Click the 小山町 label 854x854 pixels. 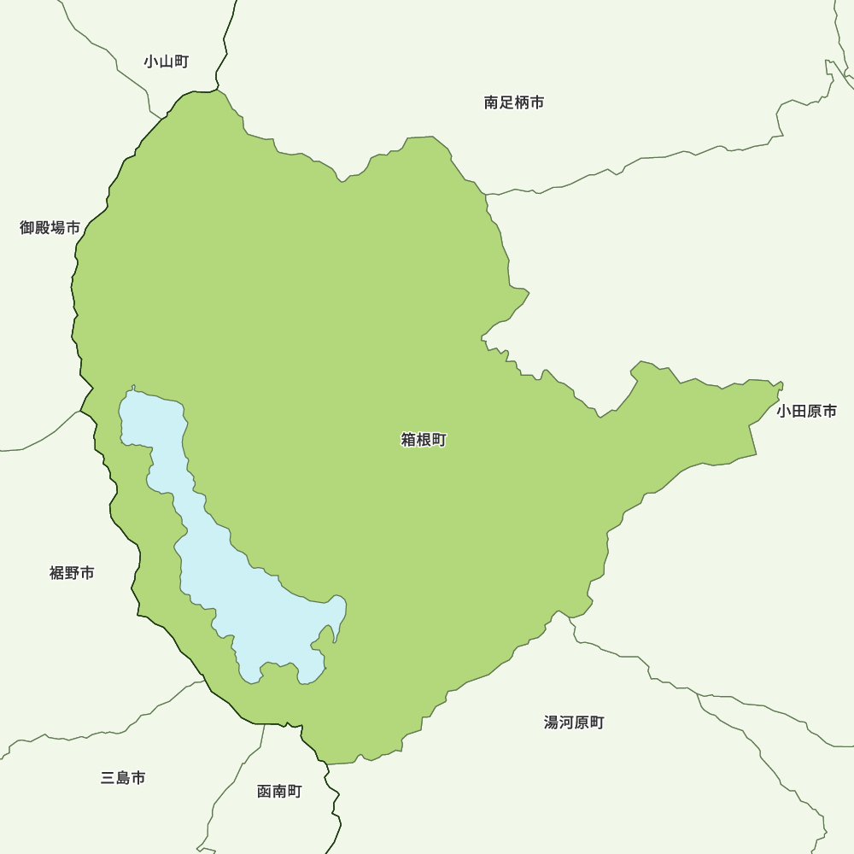[166, 61]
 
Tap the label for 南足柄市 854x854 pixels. [513, 102]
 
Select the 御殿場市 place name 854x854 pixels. [50, 227]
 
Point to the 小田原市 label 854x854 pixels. [806, 412]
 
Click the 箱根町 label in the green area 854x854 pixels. [424, 441]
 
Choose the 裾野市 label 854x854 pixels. [72, 573]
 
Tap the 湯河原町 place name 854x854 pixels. [574, 722]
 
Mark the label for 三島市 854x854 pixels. [123, 778]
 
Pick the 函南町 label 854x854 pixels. [279, 792]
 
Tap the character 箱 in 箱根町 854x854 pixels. [408, 441]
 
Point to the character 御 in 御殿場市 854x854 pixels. [27, 227]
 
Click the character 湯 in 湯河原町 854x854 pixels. [552, 722]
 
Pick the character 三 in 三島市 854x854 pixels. [108, 778]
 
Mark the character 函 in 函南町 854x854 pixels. [265, 792]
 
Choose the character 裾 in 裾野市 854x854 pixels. [57, 573]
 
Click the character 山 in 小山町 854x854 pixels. [166, 61]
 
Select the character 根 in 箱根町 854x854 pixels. [424, 441]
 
